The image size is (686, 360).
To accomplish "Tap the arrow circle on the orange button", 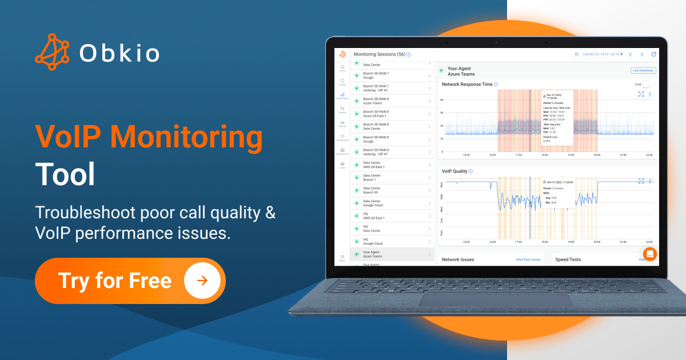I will [x=201, y=281].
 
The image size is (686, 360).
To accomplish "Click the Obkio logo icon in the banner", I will [x=52, y=52].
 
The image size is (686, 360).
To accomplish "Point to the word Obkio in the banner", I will [x=119, y=53].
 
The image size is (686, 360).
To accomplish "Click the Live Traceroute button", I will [x=643, y=70].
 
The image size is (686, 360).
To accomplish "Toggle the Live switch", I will [x=647, y=84].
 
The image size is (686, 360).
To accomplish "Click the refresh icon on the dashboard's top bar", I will [x=653, y=54].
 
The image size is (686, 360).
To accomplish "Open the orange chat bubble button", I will [x=650, y=254].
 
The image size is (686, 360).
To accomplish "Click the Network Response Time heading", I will [x=467, y=84].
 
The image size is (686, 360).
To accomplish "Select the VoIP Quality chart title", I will [x=454, y=171].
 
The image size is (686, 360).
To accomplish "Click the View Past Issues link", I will [x=528, y=259].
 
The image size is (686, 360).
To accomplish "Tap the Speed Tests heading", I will [x=568, y=259].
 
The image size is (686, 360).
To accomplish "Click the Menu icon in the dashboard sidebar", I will [x=342, y=258].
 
